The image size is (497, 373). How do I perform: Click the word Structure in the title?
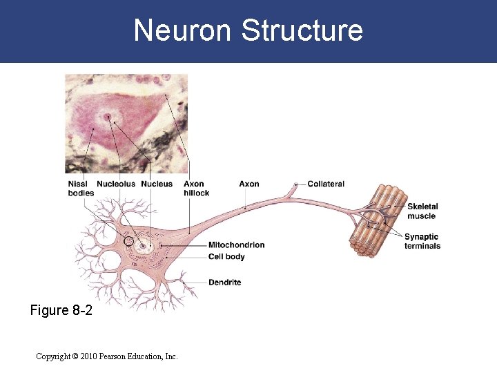pyautogui.click(x=302, y=30)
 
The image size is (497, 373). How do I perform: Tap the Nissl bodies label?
pyautogui.click(x=81, y=188)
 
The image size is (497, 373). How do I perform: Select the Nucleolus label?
pyautogui.click(x=117, y=184)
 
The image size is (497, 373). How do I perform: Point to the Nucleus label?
pyautogui.click(x=157, y=184)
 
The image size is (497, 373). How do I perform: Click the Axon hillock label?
pyautogui.click(x=196, y=188)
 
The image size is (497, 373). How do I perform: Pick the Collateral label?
pyautogui.click(x=326, y=184)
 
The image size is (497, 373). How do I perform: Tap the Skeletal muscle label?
pyautogui.click(x=422, y=211)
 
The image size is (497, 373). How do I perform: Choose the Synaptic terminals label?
pyautogui.click(x=422, y=241)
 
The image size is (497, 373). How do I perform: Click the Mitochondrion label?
pyautogui.click(x=236, y=245)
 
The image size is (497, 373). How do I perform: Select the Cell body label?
pyautogui.click(x=226, y=257)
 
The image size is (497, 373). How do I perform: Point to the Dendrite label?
pyautogui.click(x=224, y=282)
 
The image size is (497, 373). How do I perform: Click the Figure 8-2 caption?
pyautogui.click(x=61, y=311)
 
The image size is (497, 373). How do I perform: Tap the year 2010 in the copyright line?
pyautogui.click(x=88, y=356)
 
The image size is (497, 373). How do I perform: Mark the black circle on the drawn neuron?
pyautogui.click(x=128, y=241)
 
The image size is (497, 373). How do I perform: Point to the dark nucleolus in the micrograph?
pyautogui.click(x=108, y=117)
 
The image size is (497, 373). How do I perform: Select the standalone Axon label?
pyautogui.click(x=249, y=184)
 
